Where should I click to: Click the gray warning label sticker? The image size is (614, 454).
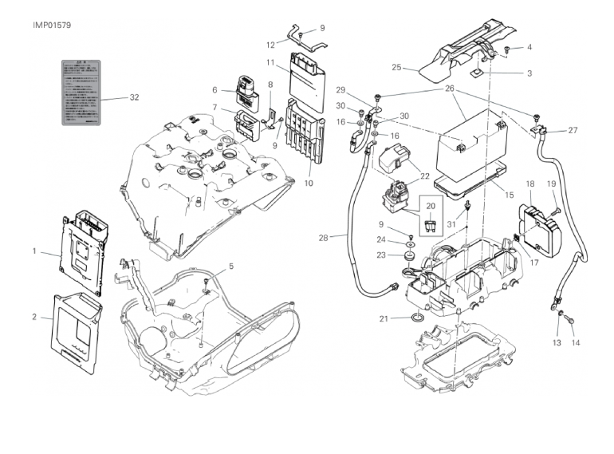coord(81,92)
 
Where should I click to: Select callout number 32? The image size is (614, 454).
coord(134,97)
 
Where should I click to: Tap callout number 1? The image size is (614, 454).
coord(34,251)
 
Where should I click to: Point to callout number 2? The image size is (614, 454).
coord(34,317)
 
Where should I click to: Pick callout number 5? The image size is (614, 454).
coord(231,266)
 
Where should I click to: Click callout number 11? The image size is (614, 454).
coord(271,62)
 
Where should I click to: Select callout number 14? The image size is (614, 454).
coord(576,343)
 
